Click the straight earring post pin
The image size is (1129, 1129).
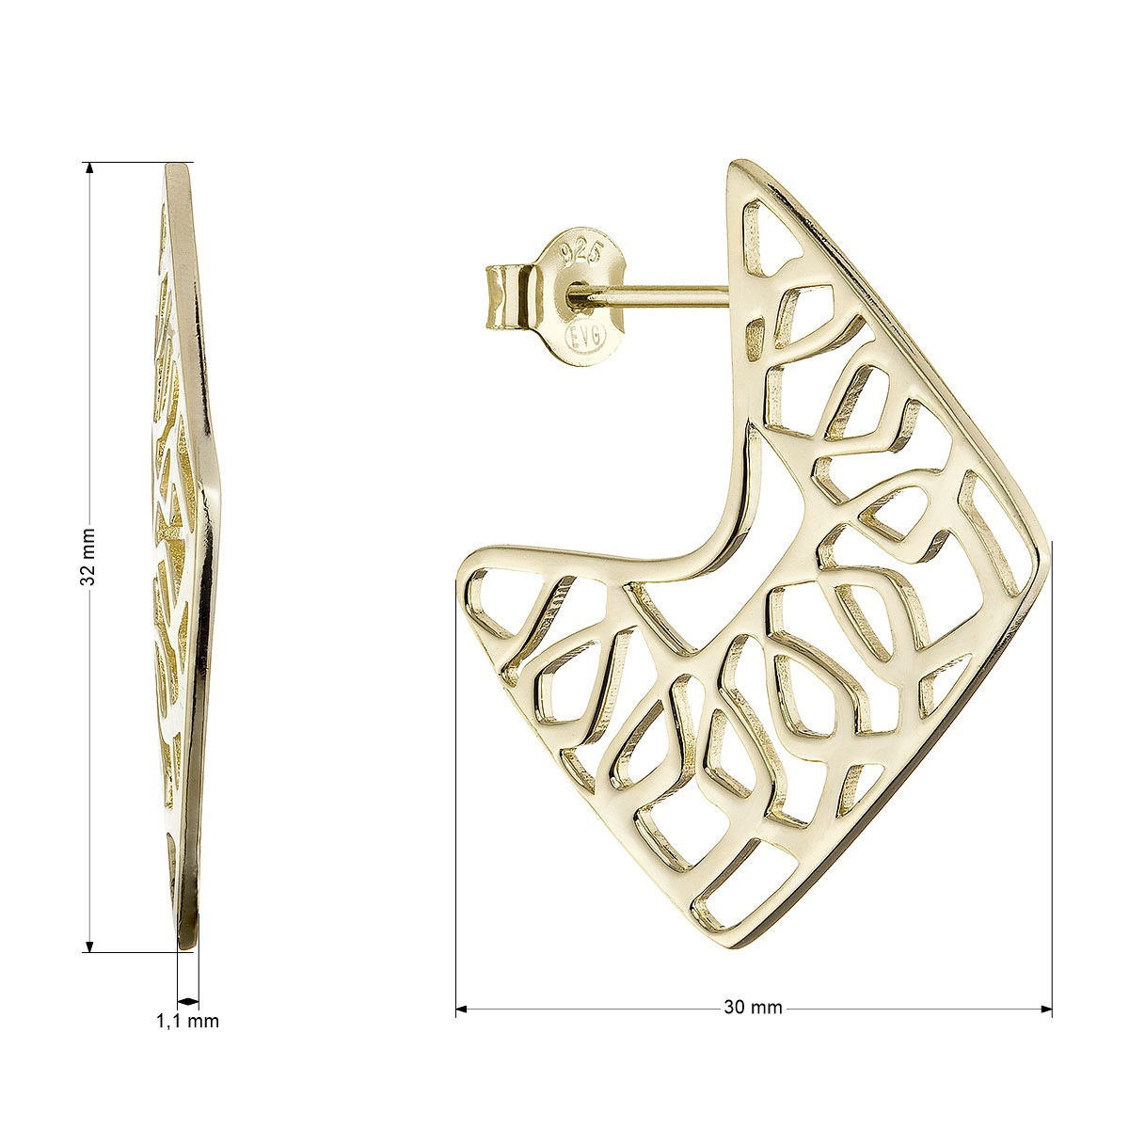coord(656,294)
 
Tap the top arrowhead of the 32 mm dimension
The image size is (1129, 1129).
coord(89,168)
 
